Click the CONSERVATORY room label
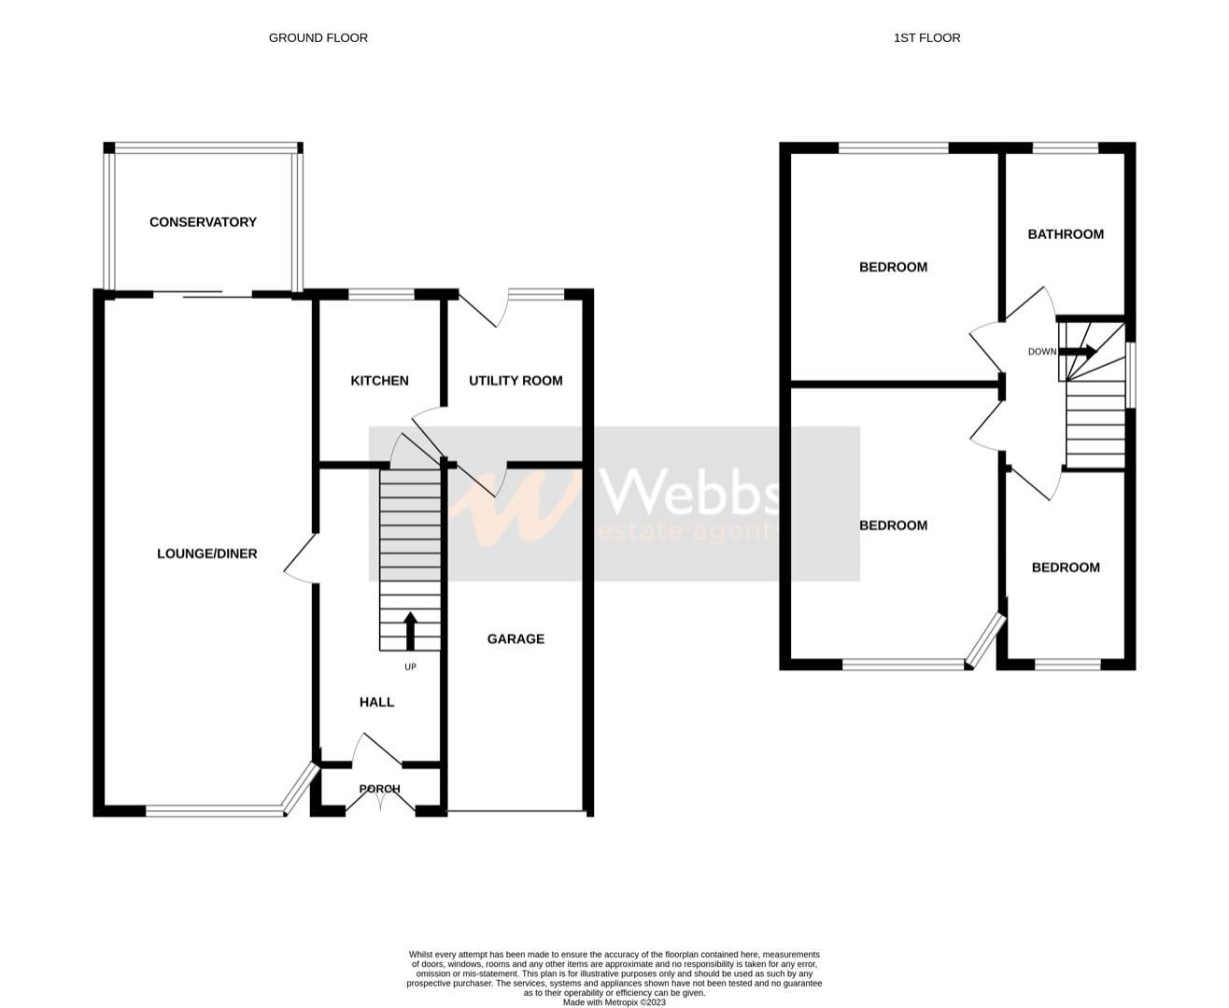point(203,222)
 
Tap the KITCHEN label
point(379,381)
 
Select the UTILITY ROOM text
point(516,381)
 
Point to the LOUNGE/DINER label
point(206,553)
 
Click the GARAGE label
point(516,639)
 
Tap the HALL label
point(377,702)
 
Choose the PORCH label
point(380,789)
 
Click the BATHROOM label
point(1066,234)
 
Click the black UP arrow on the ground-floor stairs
point(410,630)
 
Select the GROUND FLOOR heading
point(318,38)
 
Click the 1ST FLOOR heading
point(926,38)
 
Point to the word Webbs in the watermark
point(691,491)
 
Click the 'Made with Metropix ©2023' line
point(614,1002)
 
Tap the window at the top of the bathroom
point(1066,147)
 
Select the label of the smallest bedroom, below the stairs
point(1066,567)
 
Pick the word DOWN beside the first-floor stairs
point(1042,352)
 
